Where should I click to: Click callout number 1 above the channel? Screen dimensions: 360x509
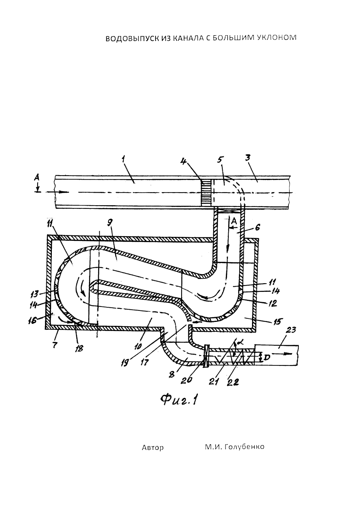123,160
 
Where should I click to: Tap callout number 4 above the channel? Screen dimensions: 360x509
184,162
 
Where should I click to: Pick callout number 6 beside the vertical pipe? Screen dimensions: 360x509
257,227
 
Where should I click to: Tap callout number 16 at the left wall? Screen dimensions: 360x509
33,321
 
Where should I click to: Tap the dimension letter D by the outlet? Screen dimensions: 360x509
267,358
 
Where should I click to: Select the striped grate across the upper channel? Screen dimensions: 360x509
206,193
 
